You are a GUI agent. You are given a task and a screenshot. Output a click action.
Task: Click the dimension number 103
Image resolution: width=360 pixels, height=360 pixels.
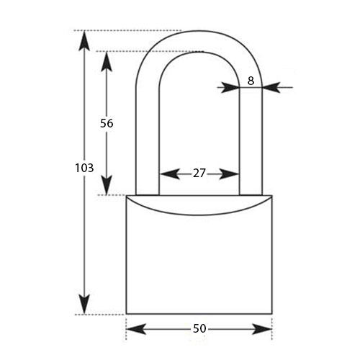tap(84, 168)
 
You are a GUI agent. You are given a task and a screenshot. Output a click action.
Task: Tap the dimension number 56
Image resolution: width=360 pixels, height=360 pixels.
tap(107, 123)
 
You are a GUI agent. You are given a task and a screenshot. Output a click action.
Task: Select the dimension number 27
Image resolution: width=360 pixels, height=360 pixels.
tap(199, 174)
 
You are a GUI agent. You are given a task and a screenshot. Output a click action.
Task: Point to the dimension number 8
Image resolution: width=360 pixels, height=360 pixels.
tap(251, 81)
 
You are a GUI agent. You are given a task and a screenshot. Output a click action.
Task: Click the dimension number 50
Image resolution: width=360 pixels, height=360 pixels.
tap(199, 328)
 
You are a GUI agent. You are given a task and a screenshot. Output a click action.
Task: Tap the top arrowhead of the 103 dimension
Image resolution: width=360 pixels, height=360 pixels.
tap(84, 41)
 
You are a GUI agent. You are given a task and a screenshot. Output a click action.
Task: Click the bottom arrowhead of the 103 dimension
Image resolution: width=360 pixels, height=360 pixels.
tap(84, 304)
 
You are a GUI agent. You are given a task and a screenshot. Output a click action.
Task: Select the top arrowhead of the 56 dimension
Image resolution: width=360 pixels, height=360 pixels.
tap(107, 61)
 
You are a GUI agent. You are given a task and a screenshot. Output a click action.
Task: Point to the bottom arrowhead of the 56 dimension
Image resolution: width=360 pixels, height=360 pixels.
tap(107, 185)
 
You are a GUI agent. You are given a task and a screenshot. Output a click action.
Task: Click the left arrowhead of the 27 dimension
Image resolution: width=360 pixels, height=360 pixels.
tap(169, 174)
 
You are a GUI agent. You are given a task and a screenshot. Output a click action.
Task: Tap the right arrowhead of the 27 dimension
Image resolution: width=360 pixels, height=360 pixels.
tap(229, 174)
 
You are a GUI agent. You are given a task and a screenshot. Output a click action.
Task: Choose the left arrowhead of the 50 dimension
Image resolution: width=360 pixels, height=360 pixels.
tap(136, 329)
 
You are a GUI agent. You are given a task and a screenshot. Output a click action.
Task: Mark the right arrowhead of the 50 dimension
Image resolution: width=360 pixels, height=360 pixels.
tap(262, 329)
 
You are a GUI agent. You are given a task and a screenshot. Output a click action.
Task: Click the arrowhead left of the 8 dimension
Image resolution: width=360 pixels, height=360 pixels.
tap(231, 87)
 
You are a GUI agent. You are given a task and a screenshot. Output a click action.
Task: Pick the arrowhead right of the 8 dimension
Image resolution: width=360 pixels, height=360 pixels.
tap(271, 87)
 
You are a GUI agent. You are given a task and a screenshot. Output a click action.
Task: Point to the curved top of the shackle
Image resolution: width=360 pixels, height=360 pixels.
tap(199, 41)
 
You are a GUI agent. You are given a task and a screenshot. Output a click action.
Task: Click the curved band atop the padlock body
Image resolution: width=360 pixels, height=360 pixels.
tap(199, 206)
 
